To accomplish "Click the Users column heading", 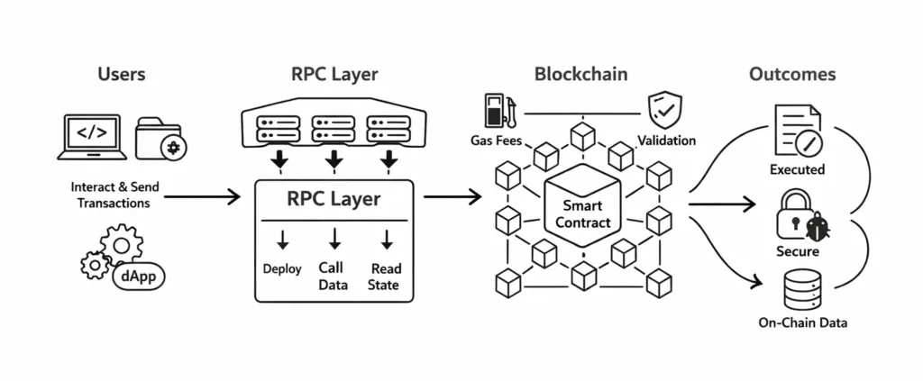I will [x=123, y=74].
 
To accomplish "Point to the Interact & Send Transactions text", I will [x=114, y=195].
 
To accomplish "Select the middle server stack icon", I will [x=334, y=127].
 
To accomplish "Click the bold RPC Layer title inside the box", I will [x=334, y=199].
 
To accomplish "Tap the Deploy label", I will [x=281, y=268].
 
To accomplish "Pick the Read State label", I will [x=385, y=276].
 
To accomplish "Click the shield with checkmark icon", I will [x=666, y=113].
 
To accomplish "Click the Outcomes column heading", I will [x=792, y=74].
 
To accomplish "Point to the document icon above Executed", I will [x=797, y=131].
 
